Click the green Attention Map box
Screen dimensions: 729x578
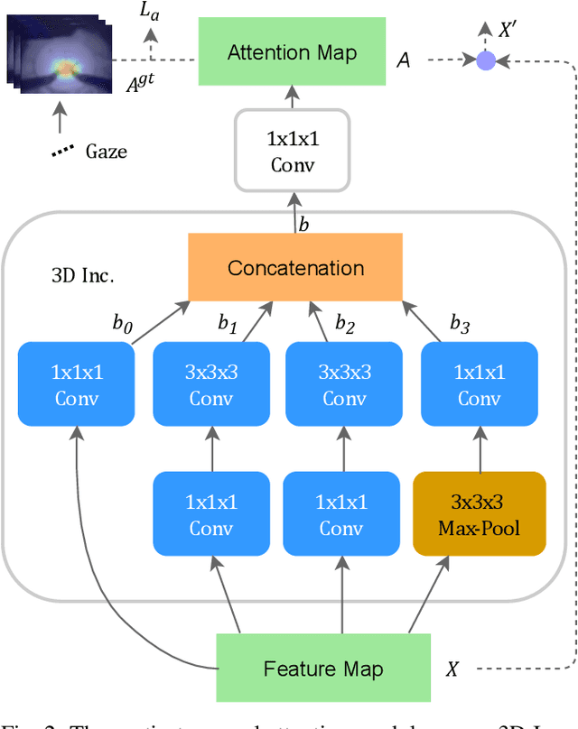tap(292, 52)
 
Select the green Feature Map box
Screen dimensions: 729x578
tap(322, 669)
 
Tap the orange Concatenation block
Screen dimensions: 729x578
tap(295, 268)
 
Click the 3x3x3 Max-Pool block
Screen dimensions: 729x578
tap(480, 515)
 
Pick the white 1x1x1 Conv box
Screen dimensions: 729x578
tap(292, 151)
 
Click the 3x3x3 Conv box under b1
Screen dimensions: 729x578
tap(211, 384)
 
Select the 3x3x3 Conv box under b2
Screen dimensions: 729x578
tap(343, 384)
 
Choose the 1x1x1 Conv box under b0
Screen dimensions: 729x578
tap(76, 384)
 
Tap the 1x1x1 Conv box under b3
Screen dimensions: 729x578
tap(480, 384)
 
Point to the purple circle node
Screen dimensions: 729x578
tap(486, 60)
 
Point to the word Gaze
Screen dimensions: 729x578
tap(106, 151)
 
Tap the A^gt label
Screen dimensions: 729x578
tap(142, 86)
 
